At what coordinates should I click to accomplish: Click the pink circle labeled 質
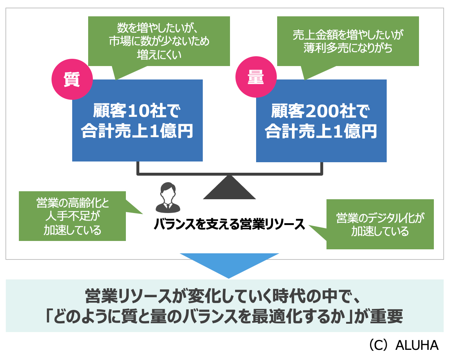(72, 79)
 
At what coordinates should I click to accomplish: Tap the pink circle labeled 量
(256, 77)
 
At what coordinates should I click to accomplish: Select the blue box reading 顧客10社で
(137, 120)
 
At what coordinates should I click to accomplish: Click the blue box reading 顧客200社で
(321, 120)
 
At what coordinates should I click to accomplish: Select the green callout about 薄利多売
(348, 41)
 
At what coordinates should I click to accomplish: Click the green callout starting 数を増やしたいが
(159, 41)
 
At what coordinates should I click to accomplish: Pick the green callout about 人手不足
(72, 216)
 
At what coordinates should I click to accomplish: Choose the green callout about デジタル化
(380, 224)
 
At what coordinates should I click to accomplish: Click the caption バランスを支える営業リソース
(229, 224)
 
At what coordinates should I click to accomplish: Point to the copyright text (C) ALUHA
(403, 345)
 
